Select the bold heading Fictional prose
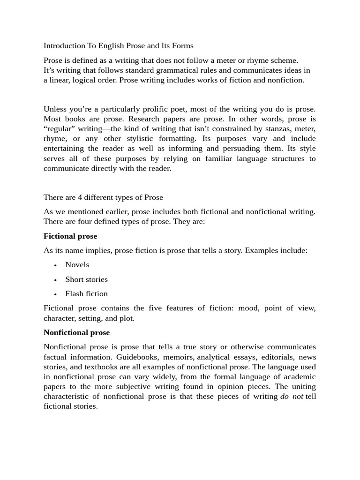pyautogui.click(x=70, y=236)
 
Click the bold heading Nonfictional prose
pyautogui.click(x=76, y=333)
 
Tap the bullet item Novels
pyautogui.click(x=77, y=265)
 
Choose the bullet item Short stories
pyautogui.click(x=86, y=280)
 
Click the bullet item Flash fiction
pyautogui.click(x=86, y=294)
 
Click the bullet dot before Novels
pyautogui.click(x=55, y=265)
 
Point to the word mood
pyautogui.click(x=248, y=308)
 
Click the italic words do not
pyautogui.click(x=291, y=397)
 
